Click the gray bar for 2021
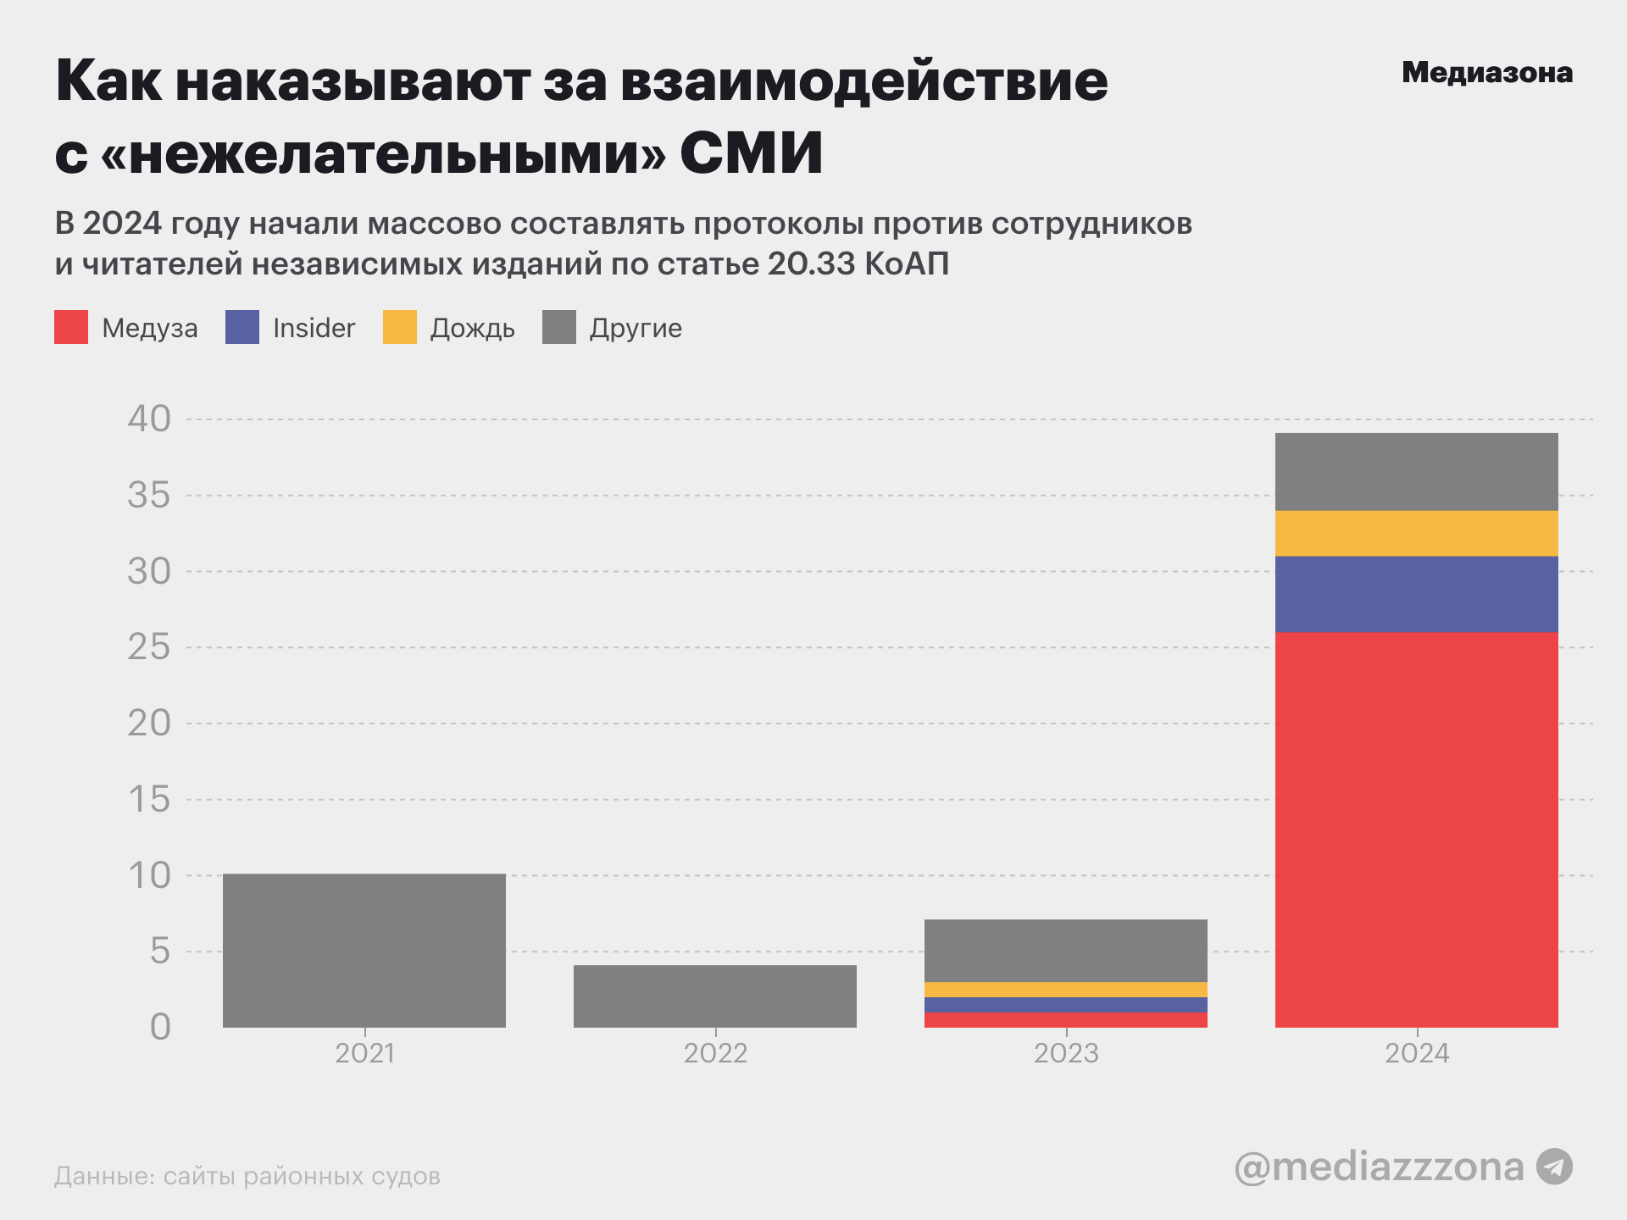pos(364,951)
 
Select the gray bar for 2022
pos(714,996)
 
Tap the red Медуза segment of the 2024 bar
pos(1416,830)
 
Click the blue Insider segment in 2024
pos(1416,594)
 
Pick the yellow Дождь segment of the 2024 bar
pos(1416,533)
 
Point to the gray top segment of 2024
pos(1416,472)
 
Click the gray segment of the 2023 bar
pos(1065,951)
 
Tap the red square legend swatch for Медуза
pos(71,327)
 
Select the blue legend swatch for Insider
pos(242,327)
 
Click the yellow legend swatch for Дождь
pos(400,327)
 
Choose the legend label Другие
pos(636,328)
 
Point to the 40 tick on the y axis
pos(149,419)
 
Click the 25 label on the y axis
pos(149,647)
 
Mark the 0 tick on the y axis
pos(160,1027)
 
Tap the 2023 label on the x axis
pos(1066,1053)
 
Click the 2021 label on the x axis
pos(364,1053)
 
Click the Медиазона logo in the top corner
pos(1487,73)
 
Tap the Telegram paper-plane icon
pos(1554,1167)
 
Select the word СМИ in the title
pos(751,153)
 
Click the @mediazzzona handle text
pos(1379,1167)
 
